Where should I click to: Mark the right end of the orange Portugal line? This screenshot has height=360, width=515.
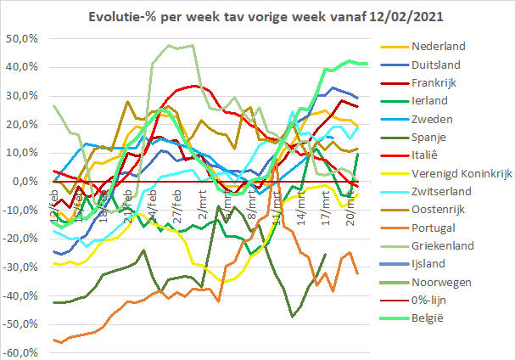pyautogui.click(x=357, y=273)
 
